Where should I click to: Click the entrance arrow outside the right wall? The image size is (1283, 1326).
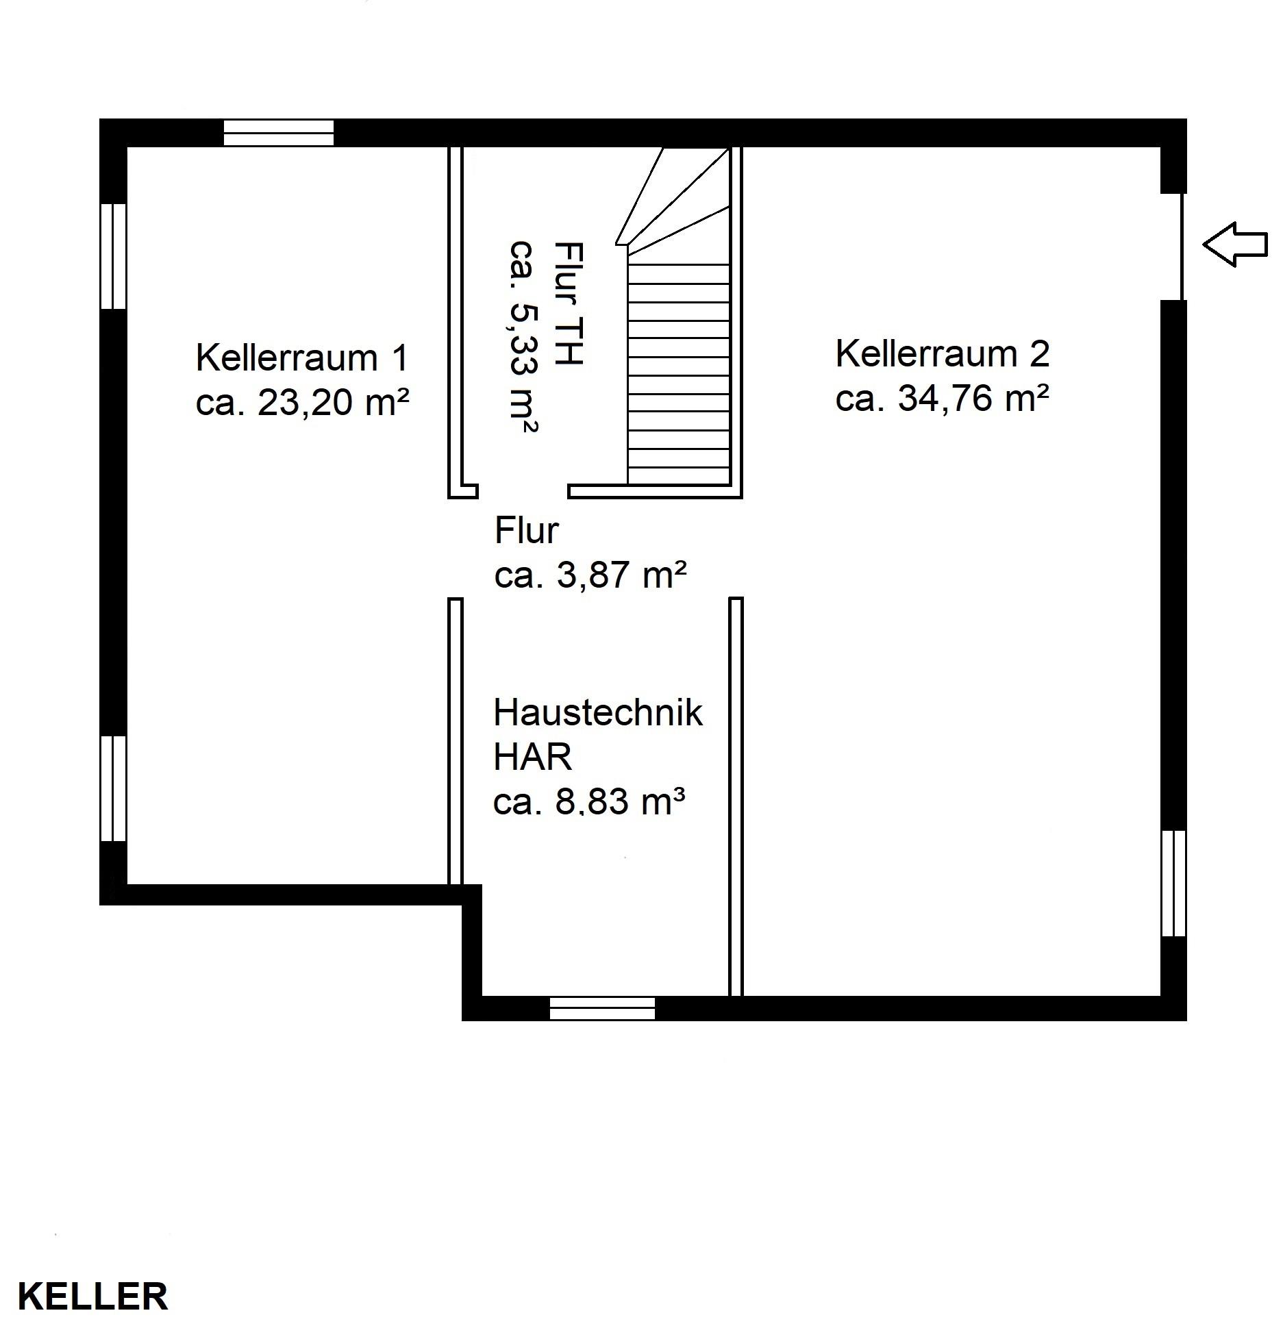click(x=1235, y=244)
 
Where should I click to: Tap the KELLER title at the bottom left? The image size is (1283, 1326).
click(x=92, y=1297)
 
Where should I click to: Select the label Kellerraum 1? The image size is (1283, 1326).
click(x=302, y=358)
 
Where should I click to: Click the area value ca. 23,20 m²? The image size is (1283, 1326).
click(x=302, y=402)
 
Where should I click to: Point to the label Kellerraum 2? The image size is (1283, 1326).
click(x=942, y=353)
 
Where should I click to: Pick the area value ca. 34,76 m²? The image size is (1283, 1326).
click(x=942, y=398)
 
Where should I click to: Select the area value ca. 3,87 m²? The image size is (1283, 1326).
click(x=590, y=575)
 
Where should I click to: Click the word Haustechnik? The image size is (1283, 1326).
click(x=597, y=712)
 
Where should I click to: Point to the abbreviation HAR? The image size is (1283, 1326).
click(x=532, y=757)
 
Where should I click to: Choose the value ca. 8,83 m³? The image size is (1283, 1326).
click(x=589, y=801)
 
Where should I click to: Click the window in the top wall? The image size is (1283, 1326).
click(x=279, y=133)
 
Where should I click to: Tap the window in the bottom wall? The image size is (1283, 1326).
click(x=602, y=1008)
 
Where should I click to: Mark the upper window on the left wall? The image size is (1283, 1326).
click(x=114, y=256)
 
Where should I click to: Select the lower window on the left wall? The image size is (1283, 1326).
click(x=114, y=788)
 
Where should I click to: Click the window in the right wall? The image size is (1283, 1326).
click(x=1173, y=883)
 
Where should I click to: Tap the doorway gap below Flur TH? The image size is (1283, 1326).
click(x=523, y=491)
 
